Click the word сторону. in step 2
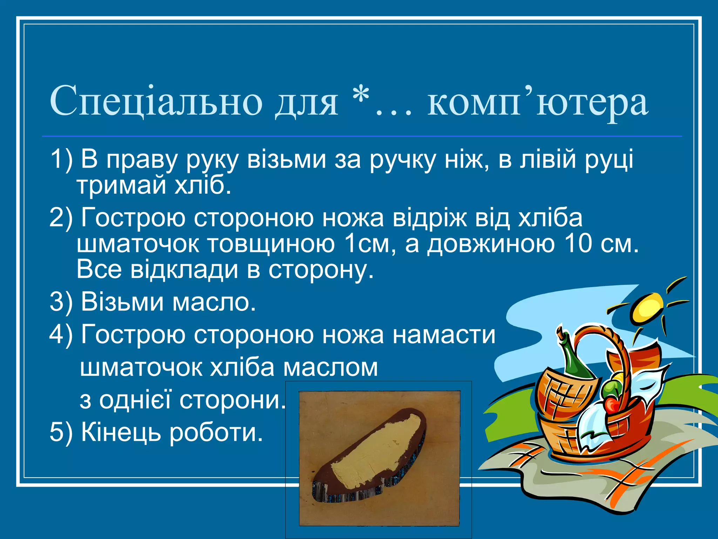pos(321,269)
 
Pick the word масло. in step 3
pos(214,302)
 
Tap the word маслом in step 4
pos(331,367)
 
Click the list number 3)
pos(61,302)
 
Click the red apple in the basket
pos(612,405)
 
